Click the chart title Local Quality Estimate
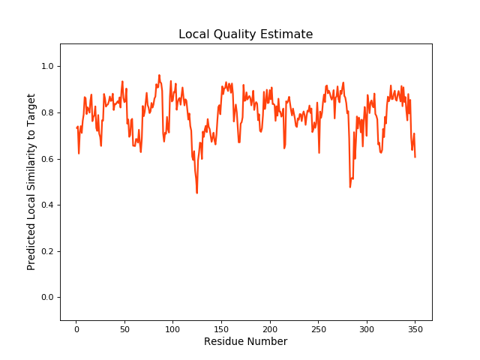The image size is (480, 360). (245, 34)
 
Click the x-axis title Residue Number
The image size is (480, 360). (245, 342)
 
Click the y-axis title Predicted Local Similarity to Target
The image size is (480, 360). (31, 181)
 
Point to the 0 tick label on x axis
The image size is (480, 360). (76, 328)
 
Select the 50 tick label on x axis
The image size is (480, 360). (124, 328)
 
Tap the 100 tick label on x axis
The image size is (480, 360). (172, 328)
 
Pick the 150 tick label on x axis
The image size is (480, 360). (221, 328)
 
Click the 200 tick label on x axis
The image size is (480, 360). (269, 328)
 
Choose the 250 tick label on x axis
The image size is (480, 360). (318, 328)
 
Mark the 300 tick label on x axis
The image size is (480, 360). (366, 328)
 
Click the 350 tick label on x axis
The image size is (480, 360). (415, 328)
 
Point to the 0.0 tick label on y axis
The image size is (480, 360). (46, 298)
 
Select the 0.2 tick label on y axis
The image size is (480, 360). (46, 251)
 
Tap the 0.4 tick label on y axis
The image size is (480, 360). (46, 205)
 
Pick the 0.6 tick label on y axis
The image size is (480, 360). (46, 159)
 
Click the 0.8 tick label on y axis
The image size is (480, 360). (46, 112)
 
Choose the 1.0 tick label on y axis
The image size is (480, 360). (46, 67)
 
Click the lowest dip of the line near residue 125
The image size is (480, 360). (197, 193)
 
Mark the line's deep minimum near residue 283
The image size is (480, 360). (349, 186)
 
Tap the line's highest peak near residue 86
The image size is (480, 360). (159, 75)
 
